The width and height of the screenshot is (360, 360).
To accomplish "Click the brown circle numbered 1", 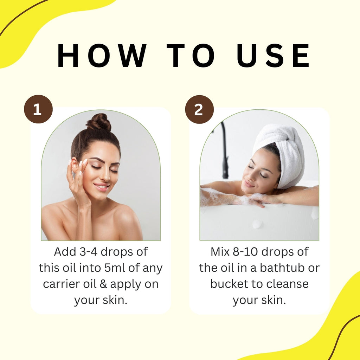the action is click(x=38, y=109).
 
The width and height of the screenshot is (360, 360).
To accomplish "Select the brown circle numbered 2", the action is click(x=199, y=109).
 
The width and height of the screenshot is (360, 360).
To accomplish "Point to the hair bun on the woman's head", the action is click(x=99, y=122).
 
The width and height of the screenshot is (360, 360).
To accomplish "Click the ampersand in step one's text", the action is click(x=103, y=284).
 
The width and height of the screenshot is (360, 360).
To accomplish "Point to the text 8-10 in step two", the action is click(x=245, y=252).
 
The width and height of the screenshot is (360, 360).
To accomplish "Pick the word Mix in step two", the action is click(x=220, y=252).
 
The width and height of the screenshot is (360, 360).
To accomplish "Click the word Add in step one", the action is click(x=65, y=252).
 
